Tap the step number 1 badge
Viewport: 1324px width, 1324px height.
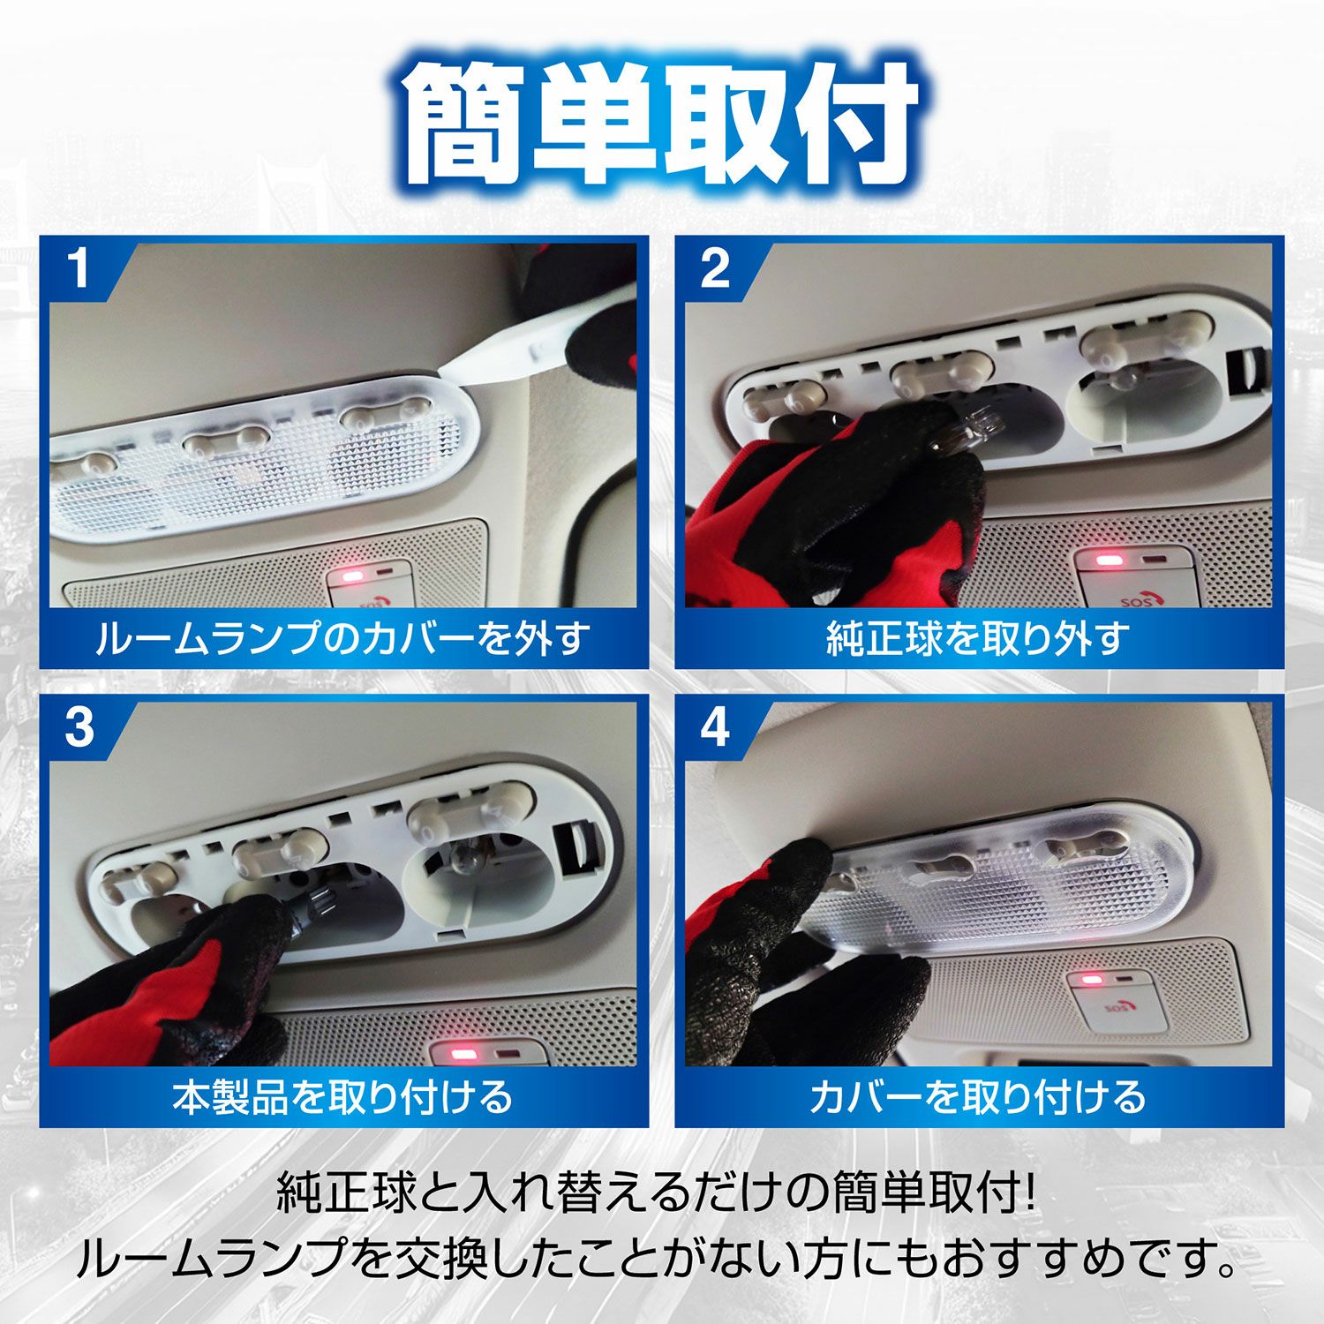click(79, 269)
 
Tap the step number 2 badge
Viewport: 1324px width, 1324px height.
click(715, 269)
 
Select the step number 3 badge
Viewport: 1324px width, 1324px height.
click(79, 728)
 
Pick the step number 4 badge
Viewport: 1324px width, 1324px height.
click(715, 728)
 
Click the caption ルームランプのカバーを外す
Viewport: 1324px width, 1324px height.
click(342, 637)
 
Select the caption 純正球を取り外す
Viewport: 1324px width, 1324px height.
click(978, 637)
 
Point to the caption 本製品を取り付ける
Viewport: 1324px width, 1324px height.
click(342, 1096)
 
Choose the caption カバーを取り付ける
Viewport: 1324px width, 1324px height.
click(978, 1096)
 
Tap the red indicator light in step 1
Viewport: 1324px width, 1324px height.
click(353, 577)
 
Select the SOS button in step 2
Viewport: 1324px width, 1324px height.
click(1139, 596)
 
